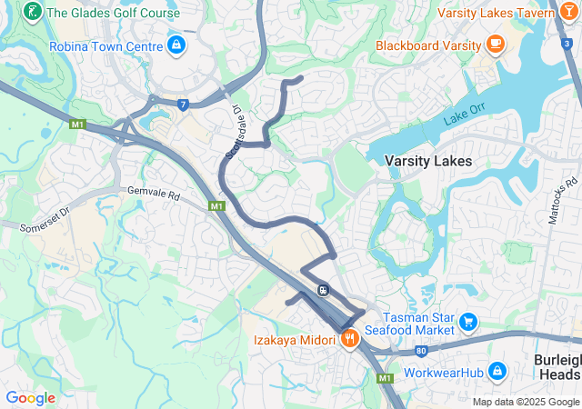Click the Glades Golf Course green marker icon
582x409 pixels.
[x=33, y=13]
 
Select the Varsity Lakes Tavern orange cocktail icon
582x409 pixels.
[x=569, y=13]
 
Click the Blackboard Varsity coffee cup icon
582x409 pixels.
[x=496, y=44]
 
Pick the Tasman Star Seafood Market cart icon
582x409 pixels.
[x=468, y=322]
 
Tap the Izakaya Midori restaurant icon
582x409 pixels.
[x=350, y=339]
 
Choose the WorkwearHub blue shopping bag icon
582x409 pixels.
[x=497, y=371]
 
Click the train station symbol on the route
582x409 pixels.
[x=323, y=290]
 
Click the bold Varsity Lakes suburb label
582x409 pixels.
[x=427, y=161]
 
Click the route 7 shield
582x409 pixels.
[x=184, y=105]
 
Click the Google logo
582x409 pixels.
[x=30, y=398]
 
